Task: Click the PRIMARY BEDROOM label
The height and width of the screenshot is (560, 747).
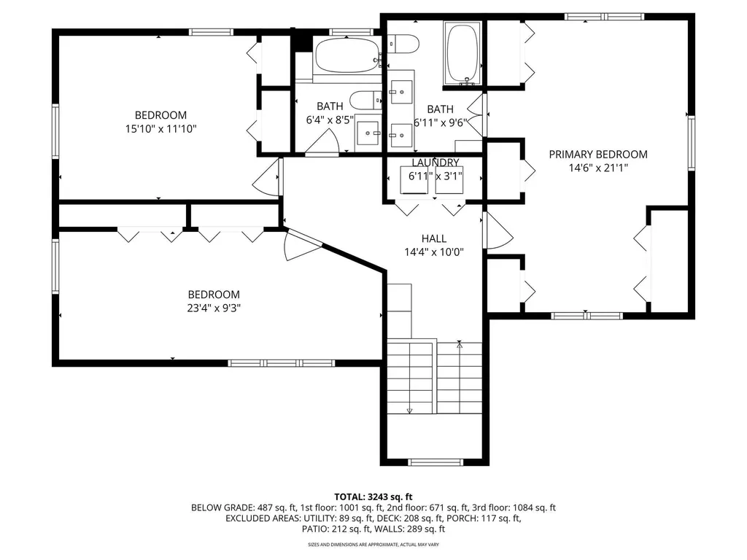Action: coord(598,154)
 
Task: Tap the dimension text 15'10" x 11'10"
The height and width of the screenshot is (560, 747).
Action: coord(160,128)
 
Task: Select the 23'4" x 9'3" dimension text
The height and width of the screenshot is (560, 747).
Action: coord(213,308)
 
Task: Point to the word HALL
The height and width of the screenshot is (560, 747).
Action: coord(434,238)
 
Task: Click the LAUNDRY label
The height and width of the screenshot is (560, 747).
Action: coord(435,163)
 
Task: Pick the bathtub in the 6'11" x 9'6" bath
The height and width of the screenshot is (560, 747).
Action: coord(462,54)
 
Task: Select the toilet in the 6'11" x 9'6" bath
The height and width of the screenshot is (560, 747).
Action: coord(403,44)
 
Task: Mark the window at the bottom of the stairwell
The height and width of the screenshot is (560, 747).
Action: coord(435,462)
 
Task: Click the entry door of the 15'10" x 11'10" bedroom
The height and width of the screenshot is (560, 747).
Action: coord(269,176)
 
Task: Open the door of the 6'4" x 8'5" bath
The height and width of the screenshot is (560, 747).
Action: coord(322,144)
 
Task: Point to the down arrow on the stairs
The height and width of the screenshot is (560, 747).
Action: coord(409,410)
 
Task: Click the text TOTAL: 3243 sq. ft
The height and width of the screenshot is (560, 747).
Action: coord(373,495)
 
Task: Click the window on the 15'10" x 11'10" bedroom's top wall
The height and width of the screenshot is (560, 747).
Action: coord(211,31)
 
